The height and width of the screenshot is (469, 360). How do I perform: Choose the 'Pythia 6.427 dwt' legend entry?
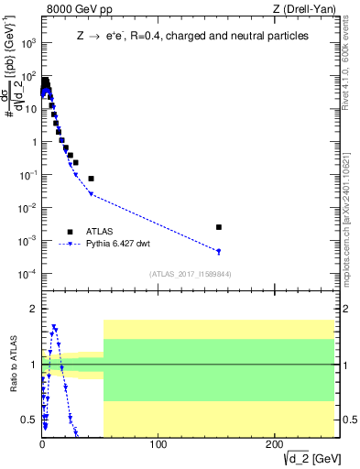pyautogui.click(x=118, y=245)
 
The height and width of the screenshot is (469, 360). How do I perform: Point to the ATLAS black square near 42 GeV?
pyautogui.click(x=91, y=179)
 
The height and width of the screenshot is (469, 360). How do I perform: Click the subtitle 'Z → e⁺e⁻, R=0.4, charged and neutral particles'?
pyautogui.click(x=192, y=37)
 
